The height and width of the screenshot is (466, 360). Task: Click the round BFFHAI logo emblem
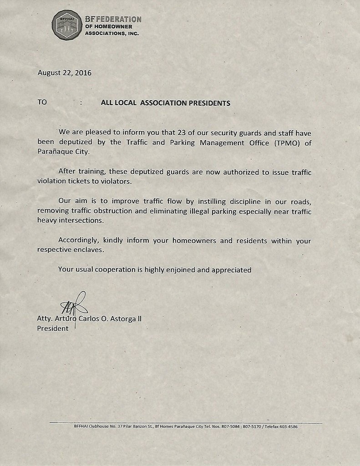click(67, 25)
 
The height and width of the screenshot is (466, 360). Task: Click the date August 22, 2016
click(64, 73)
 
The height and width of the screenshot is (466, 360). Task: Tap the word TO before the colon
click(42, 102)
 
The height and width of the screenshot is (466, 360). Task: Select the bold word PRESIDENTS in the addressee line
click(208, 103)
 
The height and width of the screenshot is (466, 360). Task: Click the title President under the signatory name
click(52, 328)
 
